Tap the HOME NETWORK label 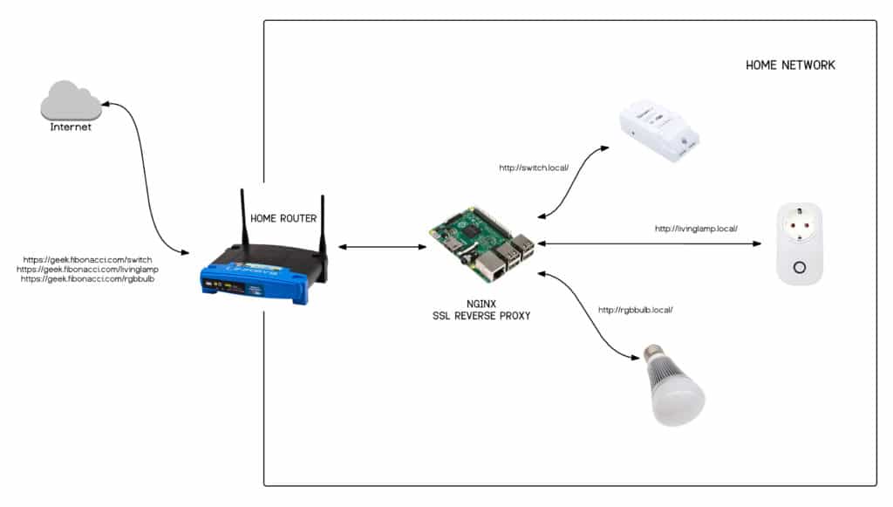coord(790,65)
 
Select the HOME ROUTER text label coord(283,218)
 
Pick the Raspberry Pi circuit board coord(481,245)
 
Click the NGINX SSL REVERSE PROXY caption coord(481,310)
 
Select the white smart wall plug coord(799,243)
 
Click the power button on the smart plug coord(799,267)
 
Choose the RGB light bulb coord(674,385)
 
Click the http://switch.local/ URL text coord(534,168)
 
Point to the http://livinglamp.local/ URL coord(696,229)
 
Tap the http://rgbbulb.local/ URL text coord(635,310)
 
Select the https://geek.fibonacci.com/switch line coord(87,260)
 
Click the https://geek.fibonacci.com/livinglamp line coord(87,270)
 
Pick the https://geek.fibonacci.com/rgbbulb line coord(87,279)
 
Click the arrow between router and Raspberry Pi coord(382,247)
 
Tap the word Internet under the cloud coord(71,127)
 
